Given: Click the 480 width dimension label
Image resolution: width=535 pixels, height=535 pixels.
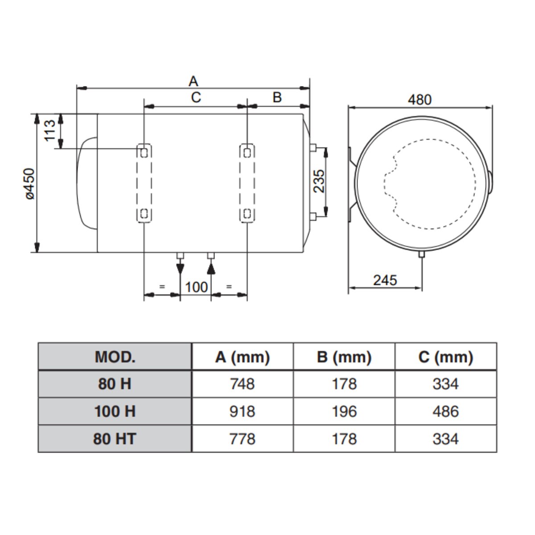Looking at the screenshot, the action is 420,100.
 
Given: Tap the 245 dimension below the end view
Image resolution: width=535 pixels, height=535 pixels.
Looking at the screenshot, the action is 385,280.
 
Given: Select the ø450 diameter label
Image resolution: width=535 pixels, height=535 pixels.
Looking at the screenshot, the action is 30,184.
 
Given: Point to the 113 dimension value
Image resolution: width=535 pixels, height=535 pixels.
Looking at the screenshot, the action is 50,130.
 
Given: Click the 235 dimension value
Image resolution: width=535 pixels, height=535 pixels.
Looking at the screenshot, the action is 319,181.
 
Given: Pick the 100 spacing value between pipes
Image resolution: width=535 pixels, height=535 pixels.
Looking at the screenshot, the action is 196,287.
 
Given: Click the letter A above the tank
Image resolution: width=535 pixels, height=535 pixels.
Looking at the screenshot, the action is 193,81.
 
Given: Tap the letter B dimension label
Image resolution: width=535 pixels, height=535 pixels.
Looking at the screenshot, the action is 277,98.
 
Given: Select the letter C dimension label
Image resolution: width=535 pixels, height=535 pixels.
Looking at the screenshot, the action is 196,98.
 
